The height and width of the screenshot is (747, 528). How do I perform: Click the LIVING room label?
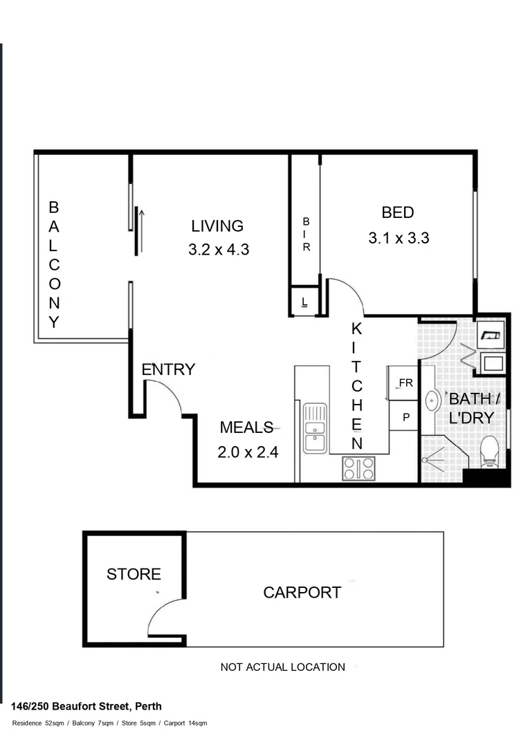tap(217, 226)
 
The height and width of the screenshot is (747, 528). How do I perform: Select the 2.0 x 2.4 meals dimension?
tap(248, 453)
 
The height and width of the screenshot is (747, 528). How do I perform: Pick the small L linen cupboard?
tap(304, 302)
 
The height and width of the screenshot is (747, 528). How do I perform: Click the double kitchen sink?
tap(315, 427)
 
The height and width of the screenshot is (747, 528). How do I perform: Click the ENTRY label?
tap(168, 370)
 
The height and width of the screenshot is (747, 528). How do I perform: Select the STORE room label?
tap(134, 574)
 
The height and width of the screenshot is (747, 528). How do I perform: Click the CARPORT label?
tap(302, 593)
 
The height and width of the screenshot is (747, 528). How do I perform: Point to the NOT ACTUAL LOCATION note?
tap(282, 667)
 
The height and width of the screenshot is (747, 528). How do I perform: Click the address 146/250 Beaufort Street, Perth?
tap(87, 706)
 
